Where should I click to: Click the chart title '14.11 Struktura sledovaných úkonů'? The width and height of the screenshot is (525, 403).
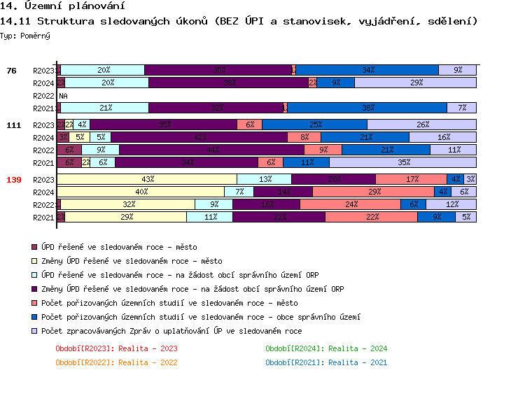(238, 22)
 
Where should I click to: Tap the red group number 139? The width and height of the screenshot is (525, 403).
(14, 180)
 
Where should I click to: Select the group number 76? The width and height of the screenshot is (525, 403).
(11, 71)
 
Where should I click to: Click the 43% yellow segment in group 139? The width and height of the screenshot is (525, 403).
(147, 179)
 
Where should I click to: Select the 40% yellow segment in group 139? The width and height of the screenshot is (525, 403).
(141, 192)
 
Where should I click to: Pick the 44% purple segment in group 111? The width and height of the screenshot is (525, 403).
(211, 150)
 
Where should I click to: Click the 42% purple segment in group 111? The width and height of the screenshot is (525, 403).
(199, 137)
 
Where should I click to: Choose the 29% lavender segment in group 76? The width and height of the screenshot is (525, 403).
(416, 83)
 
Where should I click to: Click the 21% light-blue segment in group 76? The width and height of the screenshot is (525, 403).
(105, 108)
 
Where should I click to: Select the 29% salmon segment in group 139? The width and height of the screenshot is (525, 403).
(373, 192)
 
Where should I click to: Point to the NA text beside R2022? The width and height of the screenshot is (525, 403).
(63, 96)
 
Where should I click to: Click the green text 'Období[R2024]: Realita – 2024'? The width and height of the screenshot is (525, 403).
(326, 348)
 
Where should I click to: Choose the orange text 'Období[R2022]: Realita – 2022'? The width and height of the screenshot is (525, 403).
(116, 362)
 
